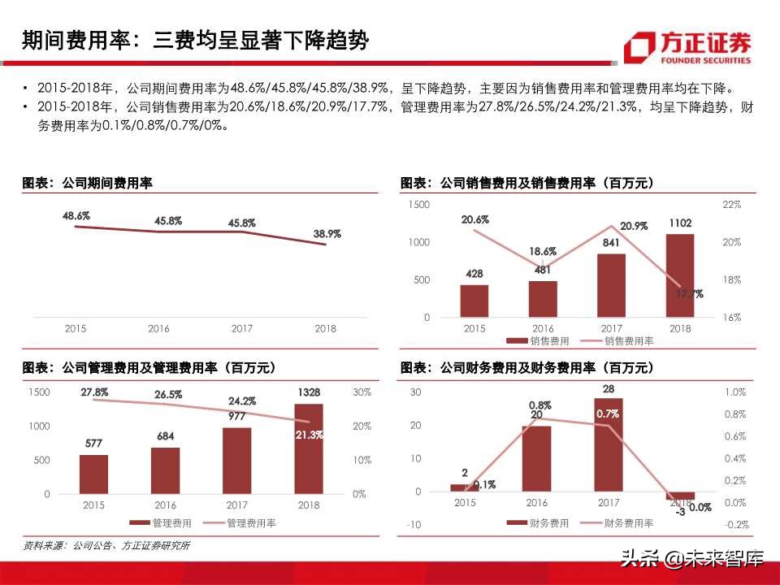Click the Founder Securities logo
click(687, 47)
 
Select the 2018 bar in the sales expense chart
click(680, 275)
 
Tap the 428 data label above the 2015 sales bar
click(474, 275)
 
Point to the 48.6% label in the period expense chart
click(76, 216)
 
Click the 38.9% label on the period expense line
click(327, 234)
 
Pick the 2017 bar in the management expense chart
click(236, 460)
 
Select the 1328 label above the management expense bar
click(308, 393)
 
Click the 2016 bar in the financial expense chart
click(536, 458)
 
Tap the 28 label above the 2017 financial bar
click(608, 389)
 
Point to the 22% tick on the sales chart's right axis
click(731, 206)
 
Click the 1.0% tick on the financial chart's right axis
click(734, 392)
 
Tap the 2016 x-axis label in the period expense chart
click(158, 329)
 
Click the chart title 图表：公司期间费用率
click(87, 184)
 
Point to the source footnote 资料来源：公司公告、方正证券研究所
click(106, 546)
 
